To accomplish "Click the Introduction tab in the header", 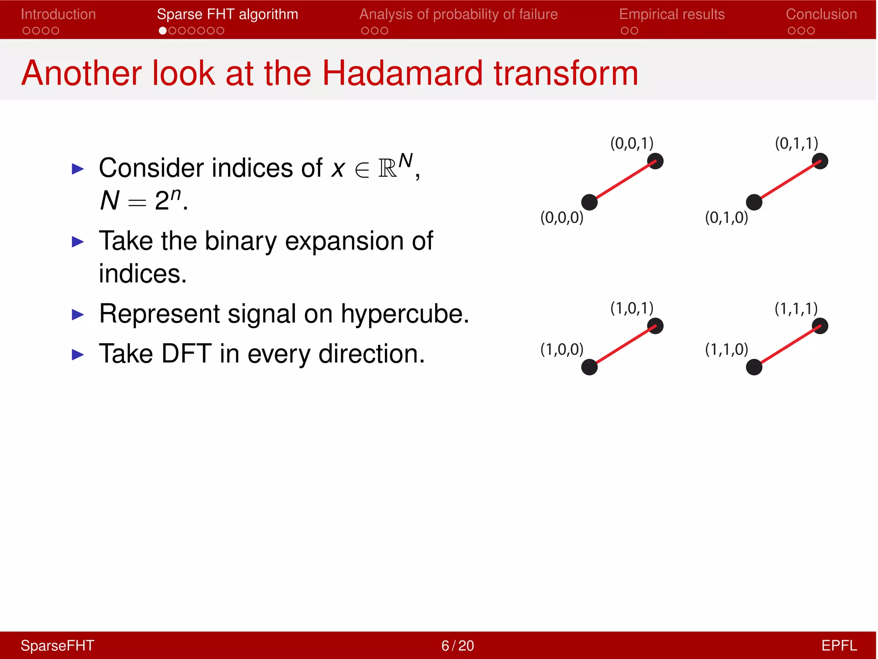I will tap(58, 14).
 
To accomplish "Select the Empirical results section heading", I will tap(671, 14).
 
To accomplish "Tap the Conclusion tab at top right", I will tap(821, 14).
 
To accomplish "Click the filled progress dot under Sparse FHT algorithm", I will tap(162, 31).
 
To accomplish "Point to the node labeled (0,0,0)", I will tap(589, 202).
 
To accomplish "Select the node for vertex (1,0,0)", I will tap(589, 367).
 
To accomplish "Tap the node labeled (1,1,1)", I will tap(820, 326).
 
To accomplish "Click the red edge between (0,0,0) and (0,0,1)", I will tap(622, 182).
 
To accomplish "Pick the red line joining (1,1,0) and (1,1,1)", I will tap(787, 347).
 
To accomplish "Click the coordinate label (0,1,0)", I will tap(726, 218).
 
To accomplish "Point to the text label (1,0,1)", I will tap(631, 308).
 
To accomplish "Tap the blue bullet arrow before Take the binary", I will tap(78, 242).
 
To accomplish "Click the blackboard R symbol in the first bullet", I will tap(387, 168).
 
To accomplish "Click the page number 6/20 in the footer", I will tap(457, 646).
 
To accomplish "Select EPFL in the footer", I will tap(839, 646).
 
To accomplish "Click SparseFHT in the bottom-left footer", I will tap(57, 646).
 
